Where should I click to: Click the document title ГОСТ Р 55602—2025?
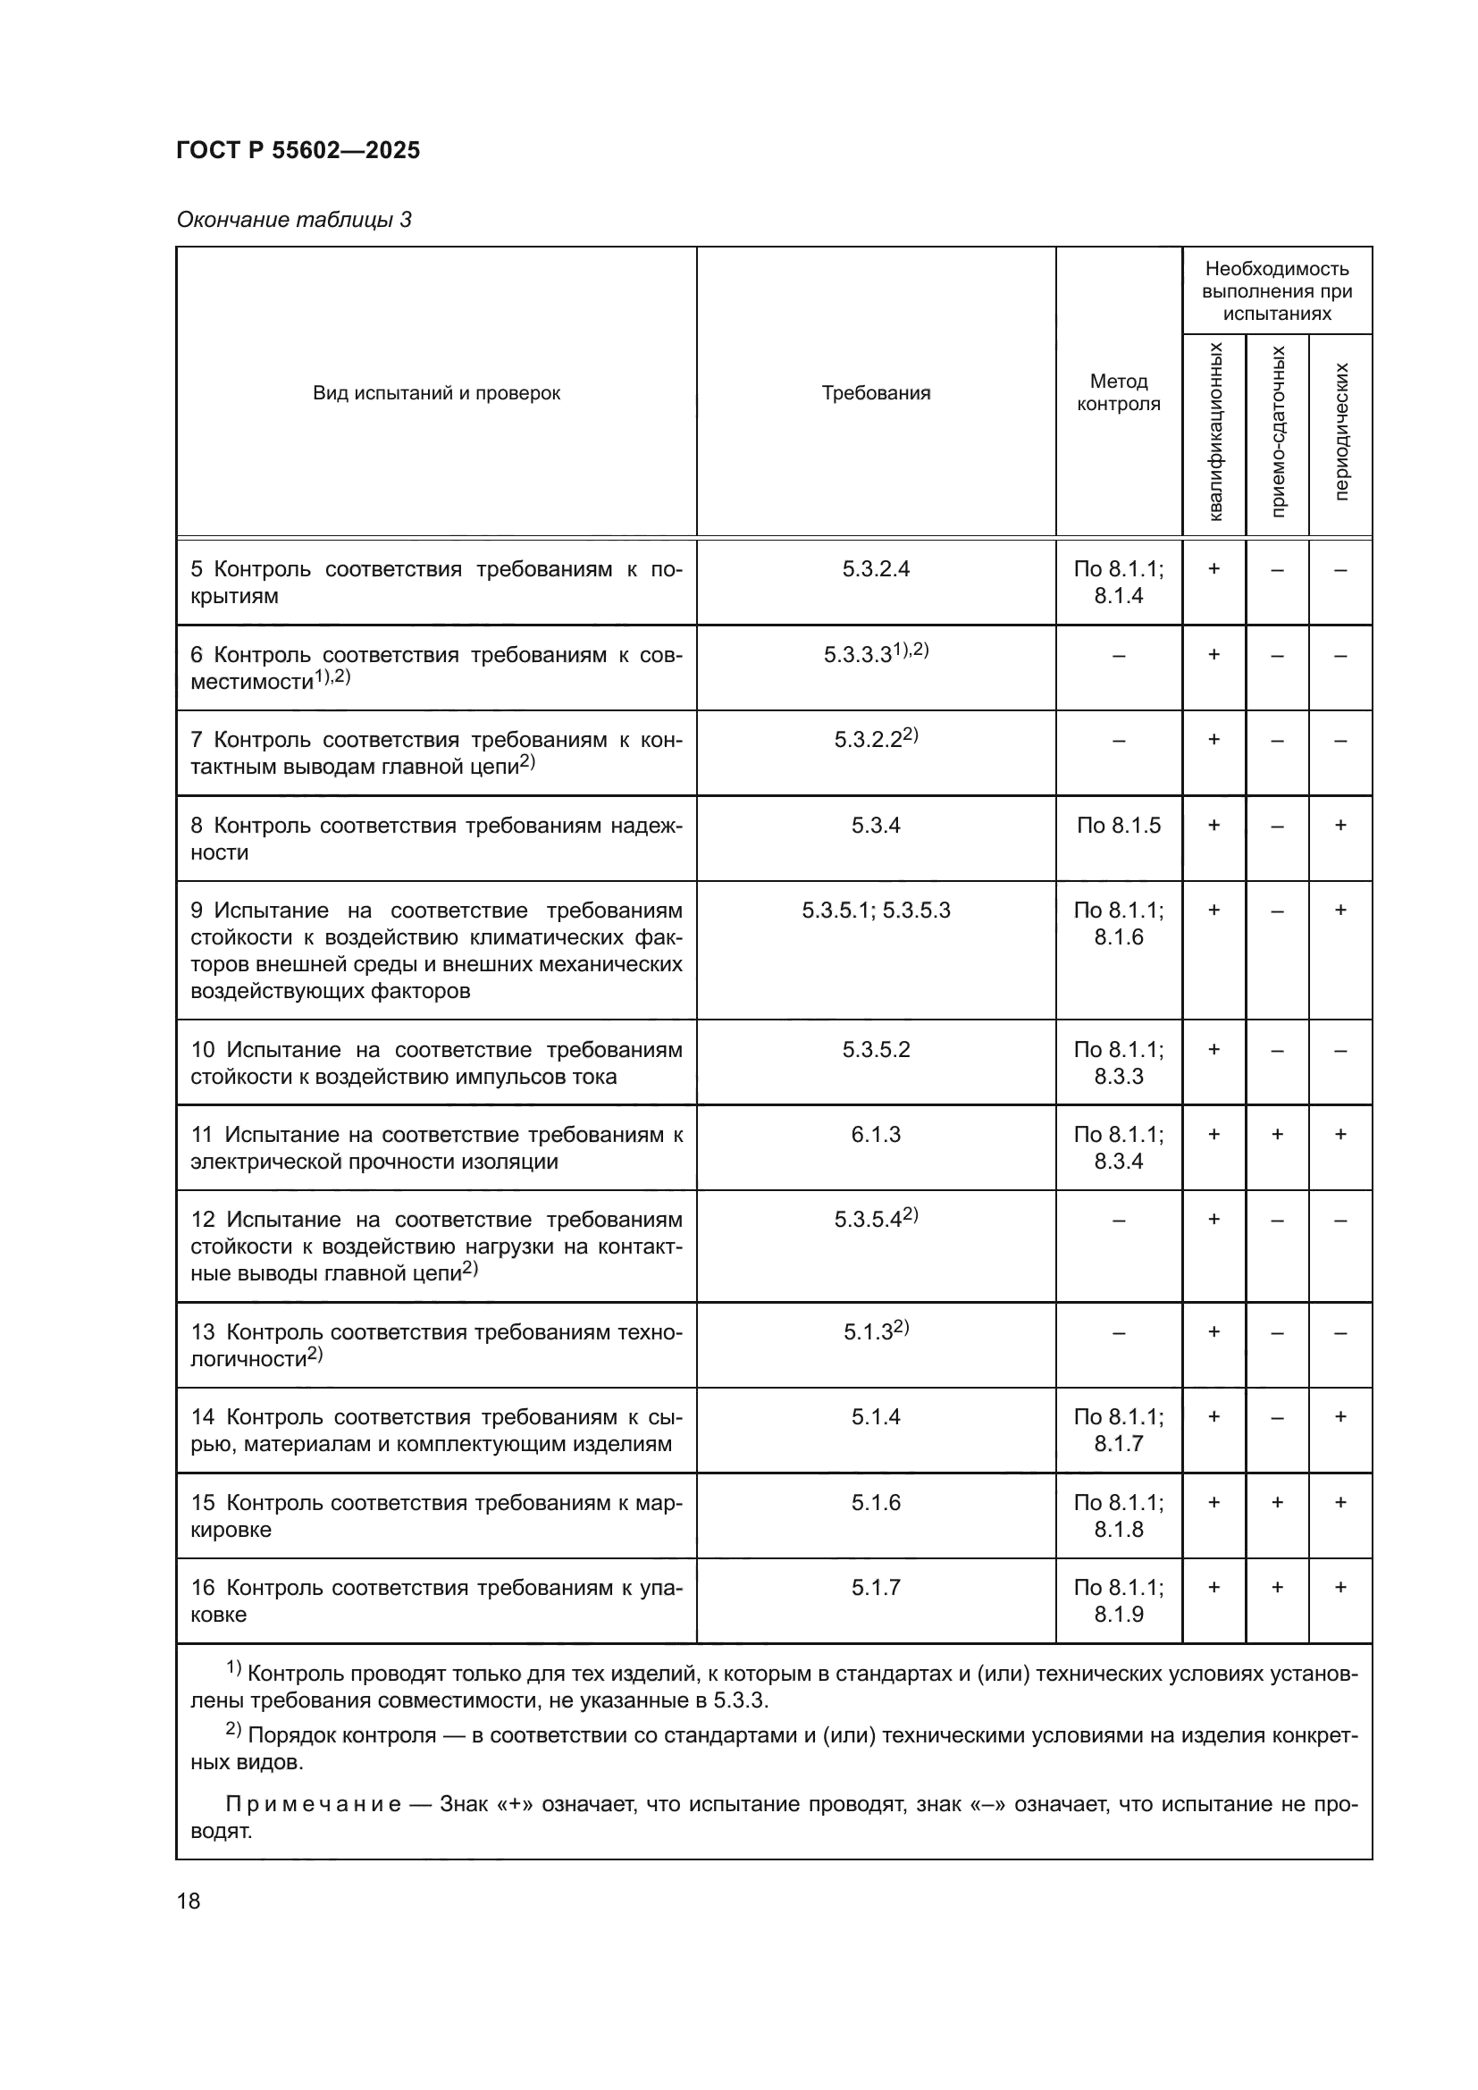point(298,150)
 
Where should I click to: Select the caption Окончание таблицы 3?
point(294,220)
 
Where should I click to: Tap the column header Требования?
point(876,392)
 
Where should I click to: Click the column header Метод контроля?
point(1118,392)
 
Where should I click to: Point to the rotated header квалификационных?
point(1214,432)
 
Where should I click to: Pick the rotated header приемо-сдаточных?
point(1277,432)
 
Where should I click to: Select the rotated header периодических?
point(1340,432)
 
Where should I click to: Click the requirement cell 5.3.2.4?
point(876,569)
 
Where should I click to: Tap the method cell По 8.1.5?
point(1118,826)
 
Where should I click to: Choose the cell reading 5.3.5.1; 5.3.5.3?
point(876,911)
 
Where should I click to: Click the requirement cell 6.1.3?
point(876,1134)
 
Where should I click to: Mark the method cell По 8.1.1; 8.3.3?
point(1118,1062)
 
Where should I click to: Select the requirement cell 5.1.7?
point(876,1588)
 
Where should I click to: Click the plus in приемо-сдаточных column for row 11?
point(1277,1134)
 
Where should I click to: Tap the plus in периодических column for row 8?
point(1339,826)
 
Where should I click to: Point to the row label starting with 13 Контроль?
point(436,1345)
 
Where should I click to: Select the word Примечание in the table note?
point(312,1804)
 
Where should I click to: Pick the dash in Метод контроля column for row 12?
point(1118,1220)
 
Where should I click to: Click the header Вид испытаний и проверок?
point(436,392)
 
